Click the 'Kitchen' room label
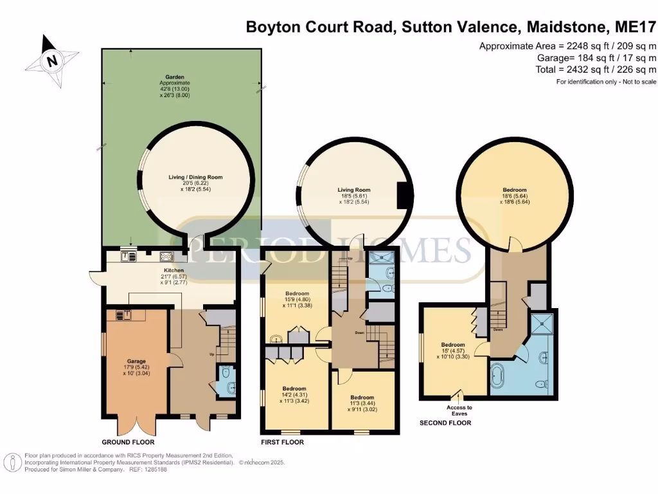click(x=173, y=270)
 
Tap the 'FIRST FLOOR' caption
click(x=282, y=443)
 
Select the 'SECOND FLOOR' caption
click(x=445, y=423)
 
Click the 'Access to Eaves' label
click(x=459, y=410)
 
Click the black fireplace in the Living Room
click(x=404, y=195)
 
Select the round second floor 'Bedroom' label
click(x=515, y=190)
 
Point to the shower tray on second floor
click(x=543, y=324)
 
